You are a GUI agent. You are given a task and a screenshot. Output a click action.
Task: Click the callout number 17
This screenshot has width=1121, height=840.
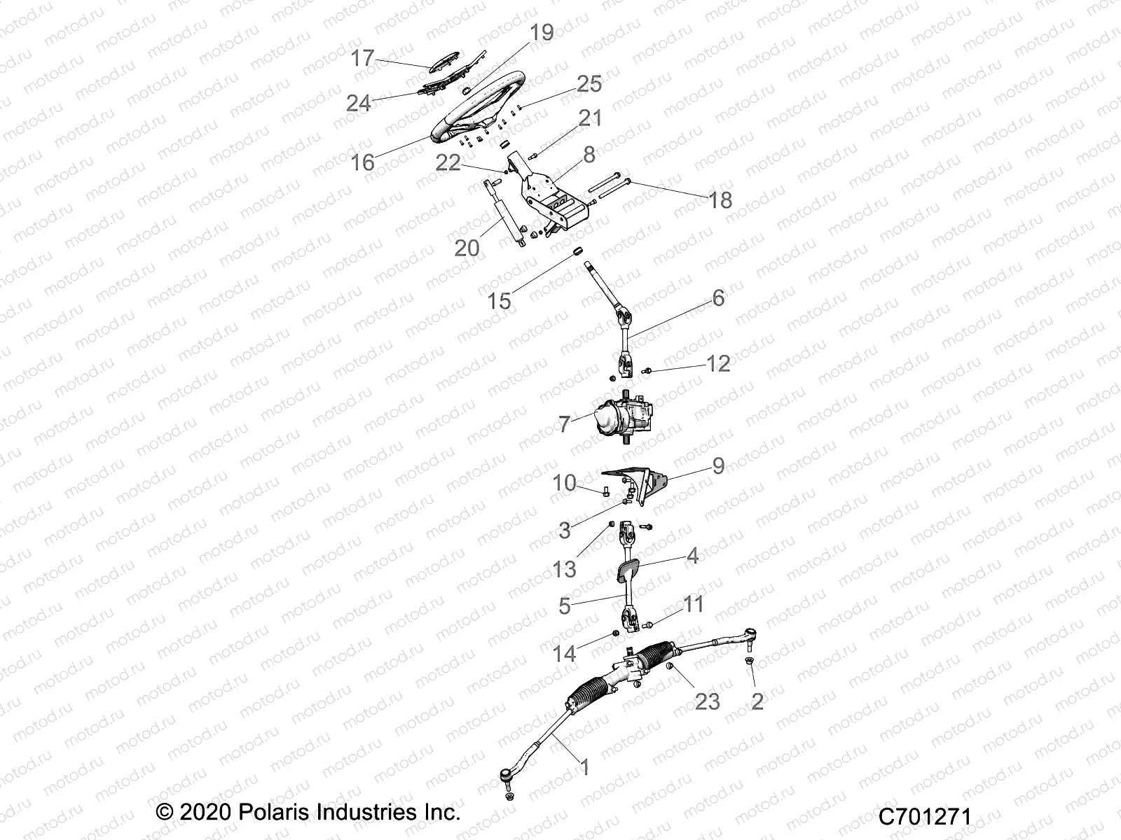point(363,58)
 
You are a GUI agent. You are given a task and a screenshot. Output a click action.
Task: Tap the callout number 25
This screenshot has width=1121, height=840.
point(589,84)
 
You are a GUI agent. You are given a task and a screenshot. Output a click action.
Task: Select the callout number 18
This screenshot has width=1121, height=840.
point(720,201)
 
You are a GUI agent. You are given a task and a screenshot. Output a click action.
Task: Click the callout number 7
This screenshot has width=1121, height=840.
point(565,424)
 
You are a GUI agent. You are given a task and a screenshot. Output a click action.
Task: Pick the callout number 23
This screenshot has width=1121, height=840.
point(708,701)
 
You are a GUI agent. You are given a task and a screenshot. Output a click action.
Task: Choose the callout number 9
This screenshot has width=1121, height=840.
point(718,466)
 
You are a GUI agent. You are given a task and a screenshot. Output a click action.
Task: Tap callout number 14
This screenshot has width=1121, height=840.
point(564,654)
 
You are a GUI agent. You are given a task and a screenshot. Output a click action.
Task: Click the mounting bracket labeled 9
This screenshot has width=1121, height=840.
point(641,483)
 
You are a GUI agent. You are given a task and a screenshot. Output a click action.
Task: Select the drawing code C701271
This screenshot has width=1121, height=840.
point(925,816)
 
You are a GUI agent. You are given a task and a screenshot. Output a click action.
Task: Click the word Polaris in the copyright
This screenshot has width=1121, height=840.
point(261,813)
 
